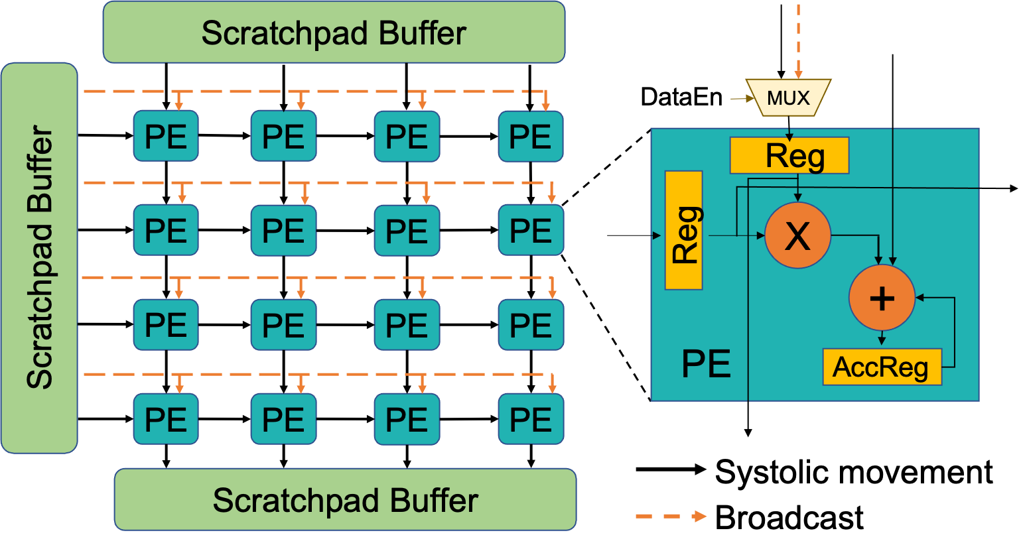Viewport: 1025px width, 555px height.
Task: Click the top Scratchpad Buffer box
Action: pos(334,32)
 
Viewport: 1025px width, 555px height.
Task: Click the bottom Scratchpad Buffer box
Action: pos(345,500)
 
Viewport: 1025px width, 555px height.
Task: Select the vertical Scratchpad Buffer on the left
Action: pos(39,258)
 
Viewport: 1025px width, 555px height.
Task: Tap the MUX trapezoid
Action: pos(788,98)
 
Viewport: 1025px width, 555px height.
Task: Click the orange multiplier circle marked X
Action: pos(797,235)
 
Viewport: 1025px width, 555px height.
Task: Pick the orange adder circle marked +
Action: pos(882,298)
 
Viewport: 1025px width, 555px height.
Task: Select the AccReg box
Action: pos(882,367)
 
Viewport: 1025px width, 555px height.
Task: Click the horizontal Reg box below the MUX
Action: pos(789,156)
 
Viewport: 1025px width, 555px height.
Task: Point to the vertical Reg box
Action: pos(683,231)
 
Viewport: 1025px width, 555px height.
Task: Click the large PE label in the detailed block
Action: pos(706,364)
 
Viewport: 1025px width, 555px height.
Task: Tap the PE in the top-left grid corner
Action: pos(166,137)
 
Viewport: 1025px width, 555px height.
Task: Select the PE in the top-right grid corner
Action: pos(531,137)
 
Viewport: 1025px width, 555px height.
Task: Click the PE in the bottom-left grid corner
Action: pos(166,419)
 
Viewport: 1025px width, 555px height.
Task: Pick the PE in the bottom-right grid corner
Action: pos(531,419)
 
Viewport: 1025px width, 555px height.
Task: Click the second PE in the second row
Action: pos(283,231)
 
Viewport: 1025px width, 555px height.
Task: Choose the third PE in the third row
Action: pos(407,325)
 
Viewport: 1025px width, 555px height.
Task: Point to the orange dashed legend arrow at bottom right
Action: pos(671,516)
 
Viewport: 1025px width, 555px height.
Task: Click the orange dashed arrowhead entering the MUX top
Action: pos(798,74)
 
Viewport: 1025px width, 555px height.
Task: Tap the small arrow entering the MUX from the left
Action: pos(742,99)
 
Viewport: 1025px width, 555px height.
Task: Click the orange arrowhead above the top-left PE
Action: pos(178,105)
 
